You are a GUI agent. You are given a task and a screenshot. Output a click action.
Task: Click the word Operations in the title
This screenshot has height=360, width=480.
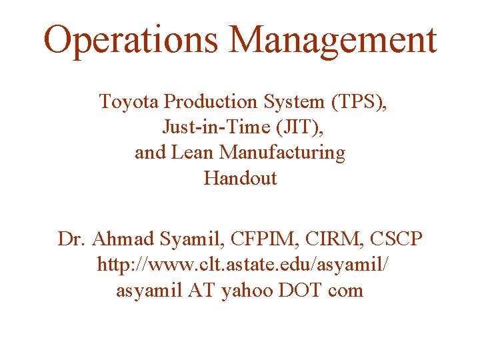click(x=131, y=40)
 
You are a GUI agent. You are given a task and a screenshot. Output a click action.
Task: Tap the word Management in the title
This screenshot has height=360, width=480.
click(x=333, y=40)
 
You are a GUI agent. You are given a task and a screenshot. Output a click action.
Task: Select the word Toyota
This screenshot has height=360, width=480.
click(x=129, y=102)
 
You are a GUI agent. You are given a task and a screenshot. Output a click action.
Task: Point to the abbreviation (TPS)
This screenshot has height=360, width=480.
click(x=356, y=102)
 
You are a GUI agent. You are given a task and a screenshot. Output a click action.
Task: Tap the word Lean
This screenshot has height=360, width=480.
click(x=193, y=153)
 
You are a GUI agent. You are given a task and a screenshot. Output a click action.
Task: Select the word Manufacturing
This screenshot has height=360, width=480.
click(x=283, y=153)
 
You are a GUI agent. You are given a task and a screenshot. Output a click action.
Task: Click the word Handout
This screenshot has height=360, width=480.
click(x=240, y=178)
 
